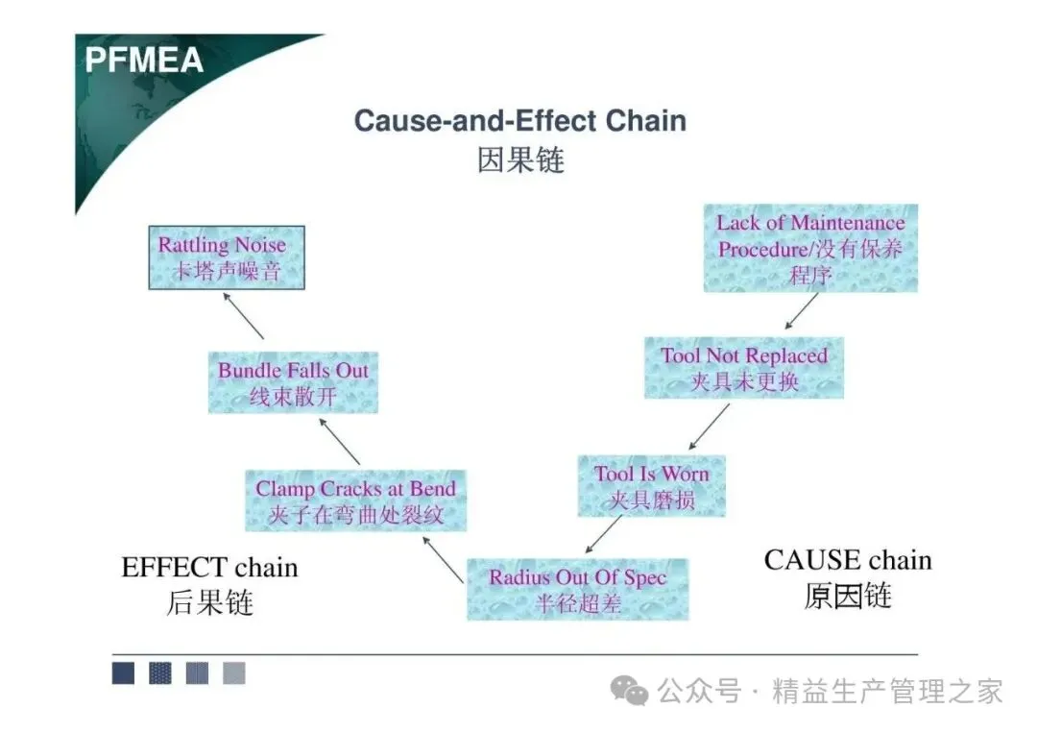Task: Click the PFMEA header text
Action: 144,60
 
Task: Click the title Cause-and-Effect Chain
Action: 519,121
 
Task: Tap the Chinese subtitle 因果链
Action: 519,159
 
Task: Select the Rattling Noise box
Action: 227,257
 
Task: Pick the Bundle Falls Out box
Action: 293,382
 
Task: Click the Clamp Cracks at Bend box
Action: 355,501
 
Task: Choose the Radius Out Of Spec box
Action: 577,589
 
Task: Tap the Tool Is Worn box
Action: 651,486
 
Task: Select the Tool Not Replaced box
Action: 743,368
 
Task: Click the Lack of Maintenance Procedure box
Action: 809,248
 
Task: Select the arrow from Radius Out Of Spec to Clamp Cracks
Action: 443,559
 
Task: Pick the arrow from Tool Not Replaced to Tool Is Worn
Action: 709,427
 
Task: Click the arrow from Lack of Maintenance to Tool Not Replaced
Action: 802,310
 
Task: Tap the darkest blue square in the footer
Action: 123,673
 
